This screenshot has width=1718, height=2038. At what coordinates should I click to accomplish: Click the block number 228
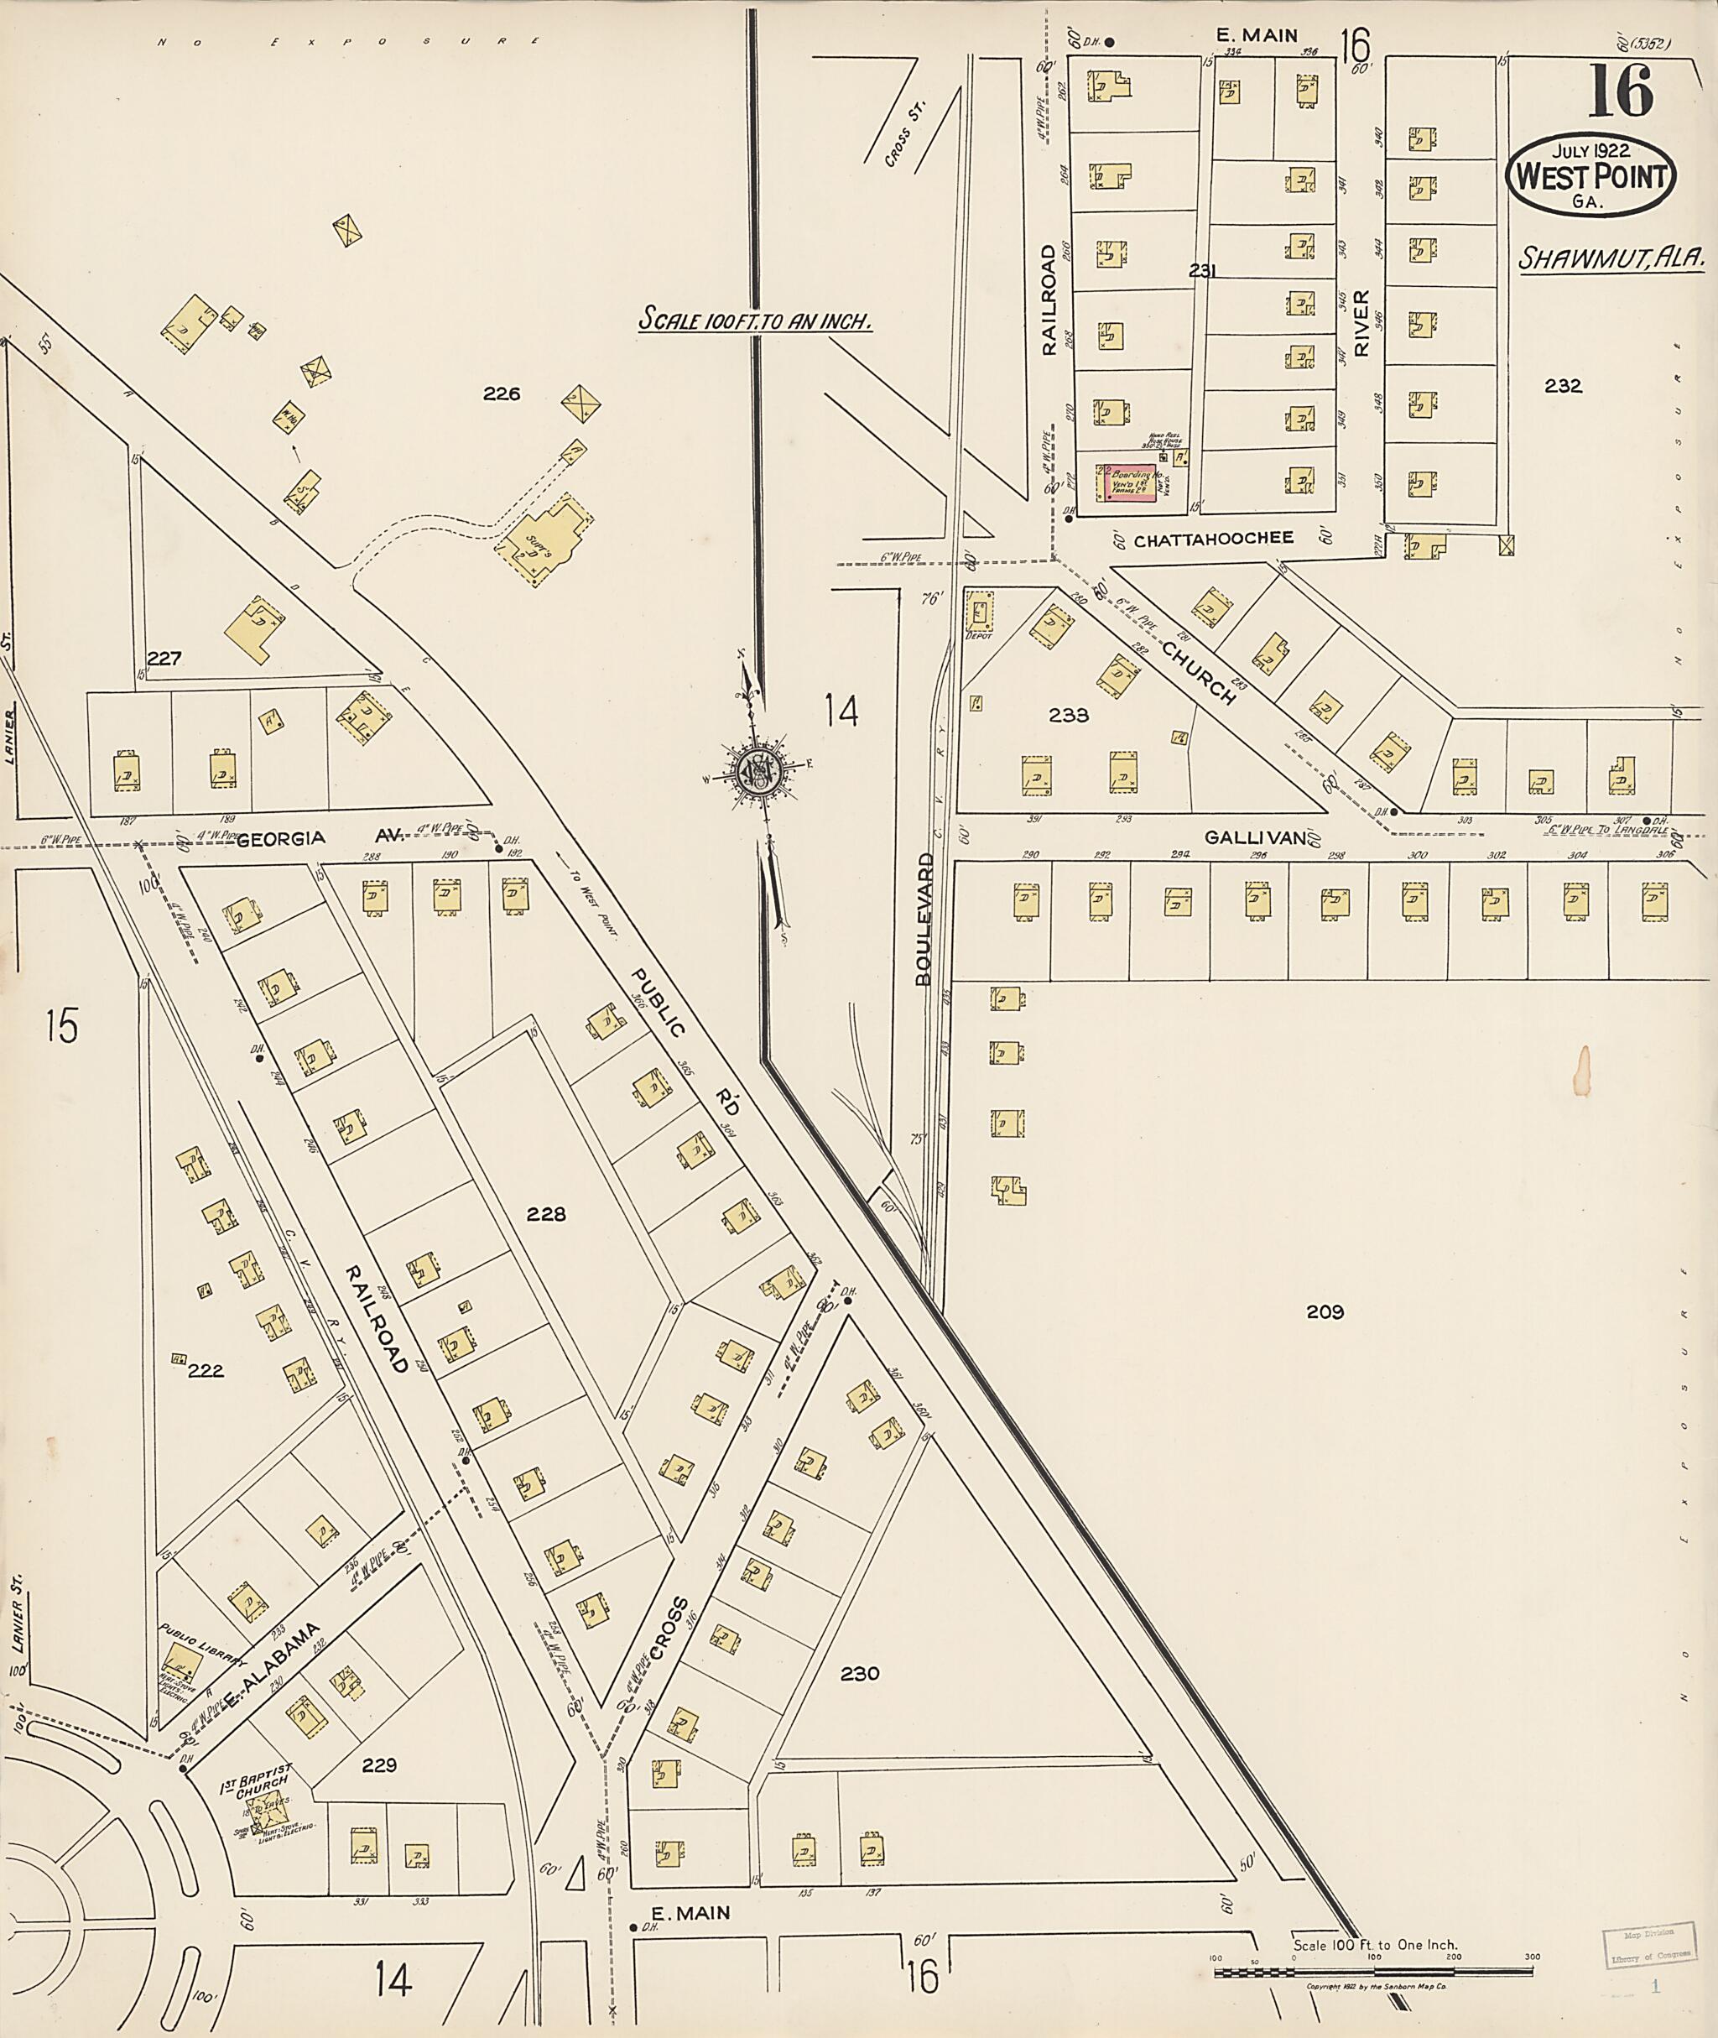[x=545, y=1214]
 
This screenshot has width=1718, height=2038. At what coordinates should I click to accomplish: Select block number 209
[x=1325, y=1312]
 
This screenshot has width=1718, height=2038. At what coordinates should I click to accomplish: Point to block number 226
[x=502, y=394]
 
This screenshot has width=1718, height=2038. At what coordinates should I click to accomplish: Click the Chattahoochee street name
[x=1214, y=538]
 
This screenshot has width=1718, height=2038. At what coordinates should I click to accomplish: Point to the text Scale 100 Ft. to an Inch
[x=754, y=320]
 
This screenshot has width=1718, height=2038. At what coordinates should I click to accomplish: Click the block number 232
[x=1562, y=386]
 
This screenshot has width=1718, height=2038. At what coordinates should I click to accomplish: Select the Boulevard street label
[x=925, y=920]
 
